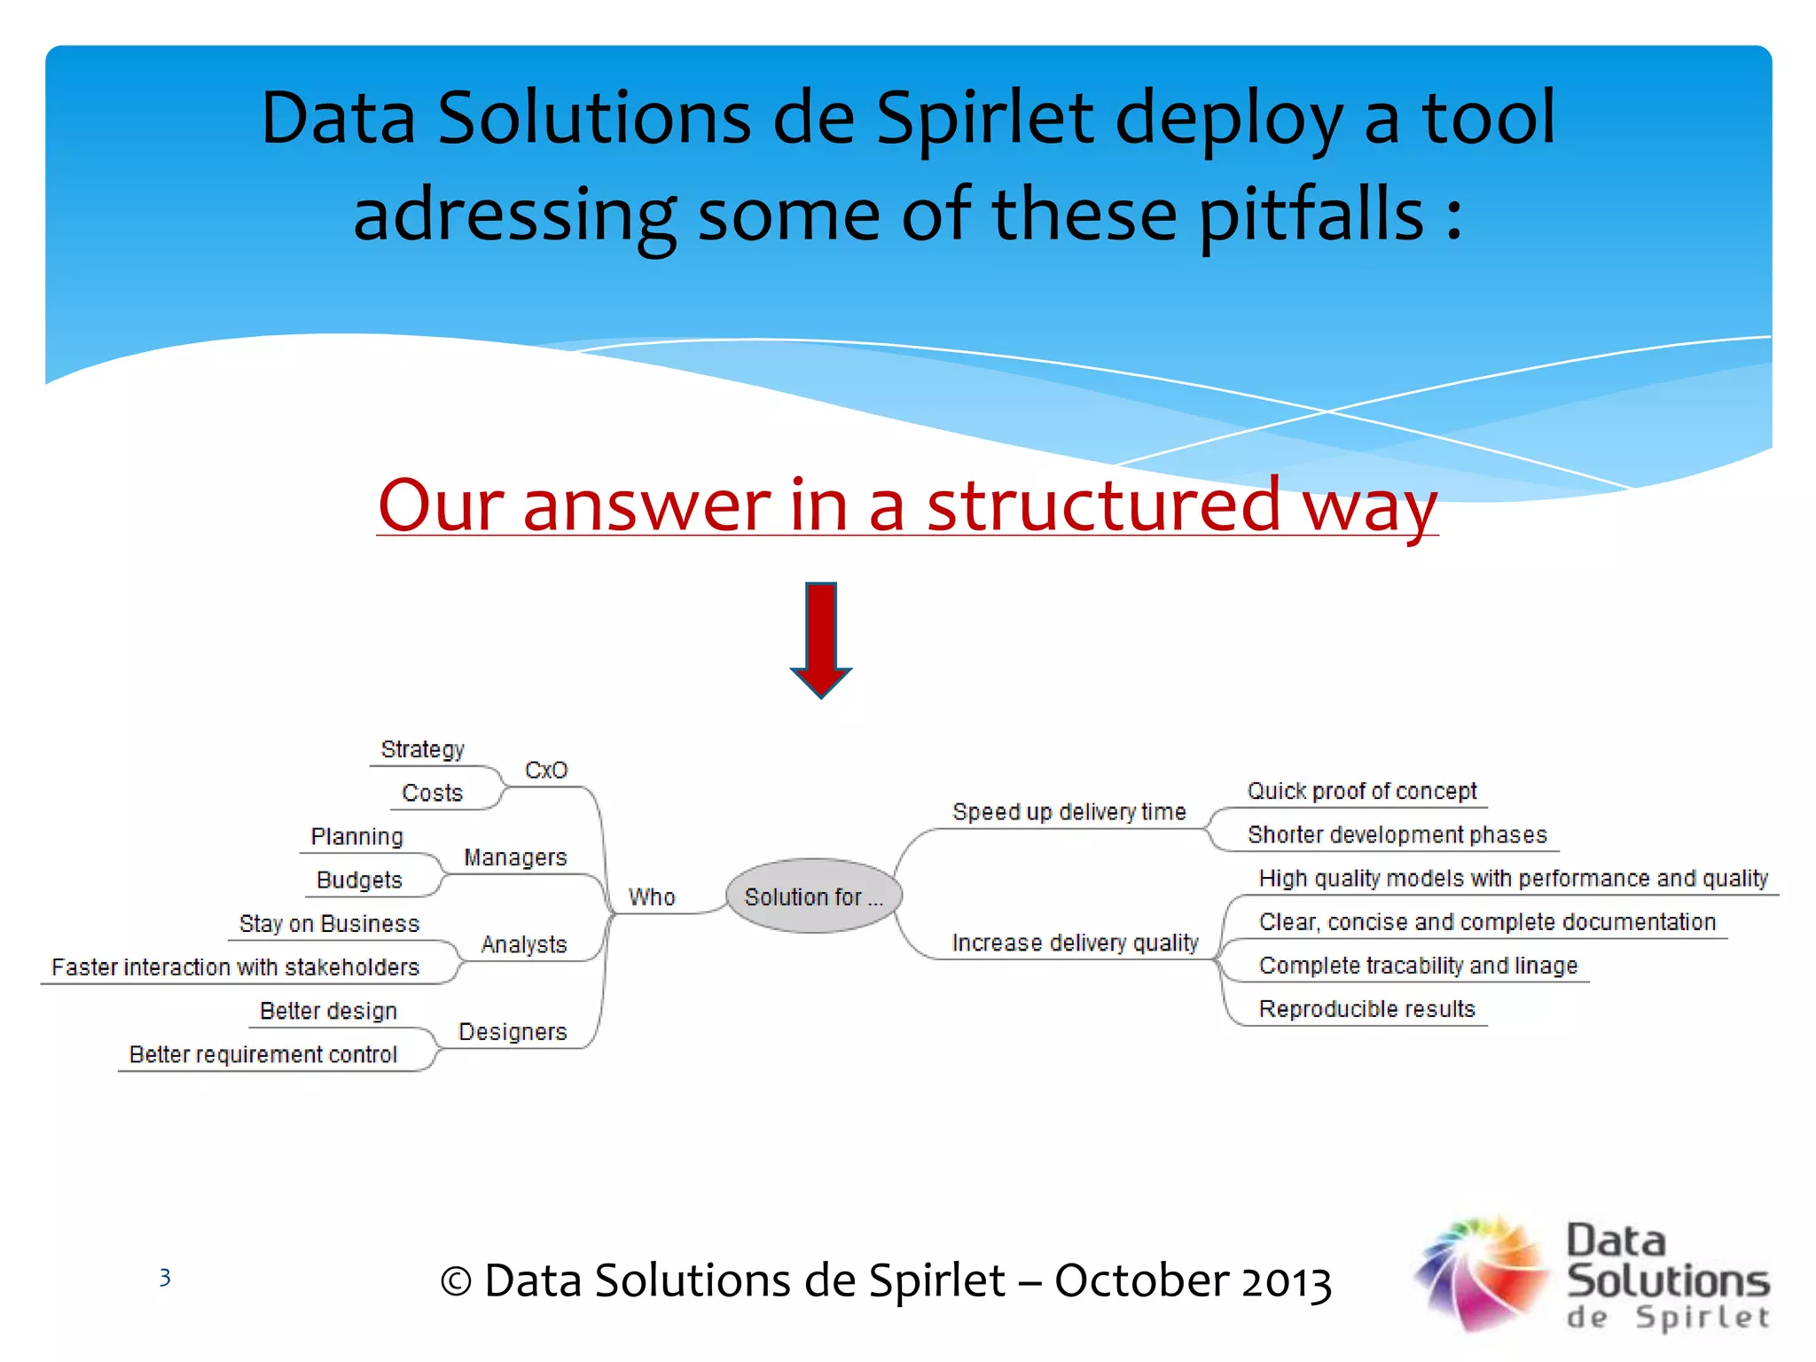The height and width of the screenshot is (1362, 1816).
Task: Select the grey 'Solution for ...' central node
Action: coord(813,896)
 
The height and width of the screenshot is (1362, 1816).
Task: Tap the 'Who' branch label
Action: coord(652,897)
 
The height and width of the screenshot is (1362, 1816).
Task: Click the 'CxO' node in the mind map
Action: coord(546,771)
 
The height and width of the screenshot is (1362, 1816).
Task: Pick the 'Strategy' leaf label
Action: coord(422,749)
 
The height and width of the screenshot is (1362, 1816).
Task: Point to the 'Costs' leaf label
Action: coord(433,793)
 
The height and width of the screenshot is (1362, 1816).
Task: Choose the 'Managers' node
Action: coord(515,857)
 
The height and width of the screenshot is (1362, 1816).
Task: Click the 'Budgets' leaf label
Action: coord(359,880)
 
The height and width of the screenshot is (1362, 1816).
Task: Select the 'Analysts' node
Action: coord(524,944)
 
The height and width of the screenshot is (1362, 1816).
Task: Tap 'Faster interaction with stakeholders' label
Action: coord(235,967)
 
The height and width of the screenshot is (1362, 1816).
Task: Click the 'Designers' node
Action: coord(513,1032)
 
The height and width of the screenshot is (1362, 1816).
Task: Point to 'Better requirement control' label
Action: coord(262,1054)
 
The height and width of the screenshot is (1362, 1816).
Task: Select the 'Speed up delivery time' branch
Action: coord(1068,812)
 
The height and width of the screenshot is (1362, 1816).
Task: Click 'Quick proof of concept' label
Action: coord(1362,791)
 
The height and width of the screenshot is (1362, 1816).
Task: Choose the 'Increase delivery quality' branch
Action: coord(1075,943)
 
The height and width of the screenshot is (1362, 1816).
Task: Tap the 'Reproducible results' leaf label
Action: coord(1366,1009)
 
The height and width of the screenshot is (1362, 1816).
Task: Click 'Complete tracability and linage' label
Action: coord(1418,966)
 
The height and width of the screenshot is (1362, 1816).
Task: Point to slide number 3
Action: coord(165,1278)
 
